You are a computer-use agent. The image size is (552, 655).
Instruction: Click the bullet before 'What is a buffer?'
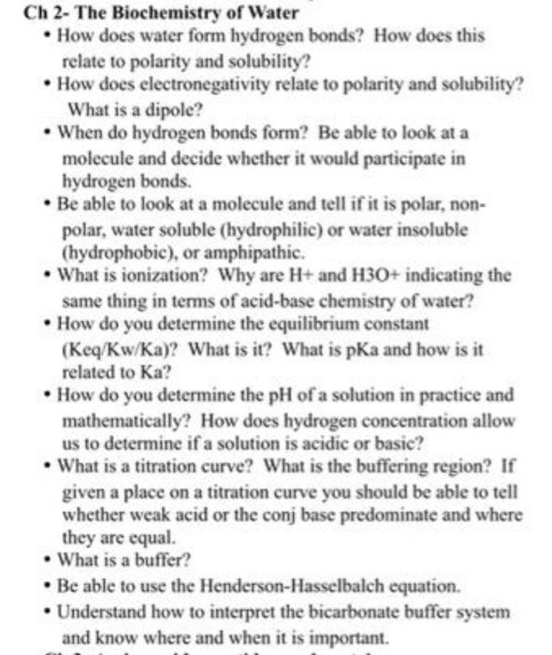click(x=48, y=561)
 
